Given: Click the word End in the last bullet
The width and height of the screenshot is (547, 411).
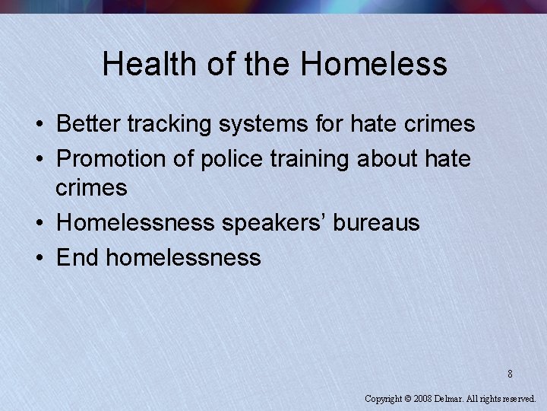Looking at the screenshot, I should coord(77,257).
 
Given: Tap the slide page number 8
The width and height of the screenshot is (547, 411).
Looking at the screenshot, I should coord(511,374).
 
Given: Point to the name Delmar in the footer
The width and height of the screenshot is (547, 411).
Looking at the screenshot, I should coord(453,398).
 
